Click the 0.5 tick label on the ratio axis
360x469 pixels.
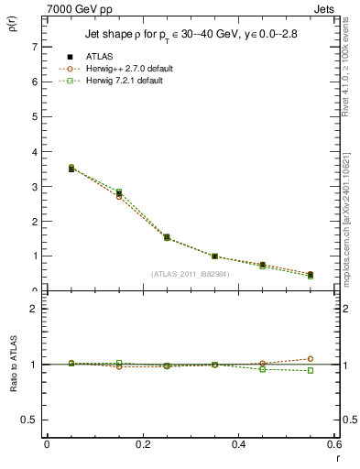pos(29,420)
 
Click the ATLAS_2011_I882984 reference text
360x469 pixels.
pos(191,274)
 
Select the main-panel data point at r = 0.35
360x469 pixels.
pos(239,256)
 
